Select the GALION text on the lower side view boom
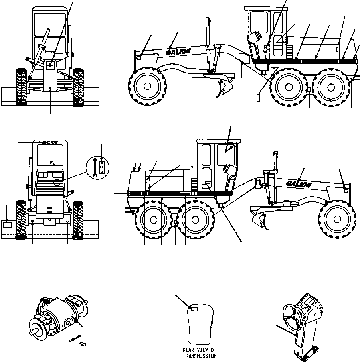click(299, 184)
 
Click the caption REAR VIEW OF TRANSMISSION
click(200, 353)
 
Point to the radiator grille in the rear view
click(49, 187)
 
